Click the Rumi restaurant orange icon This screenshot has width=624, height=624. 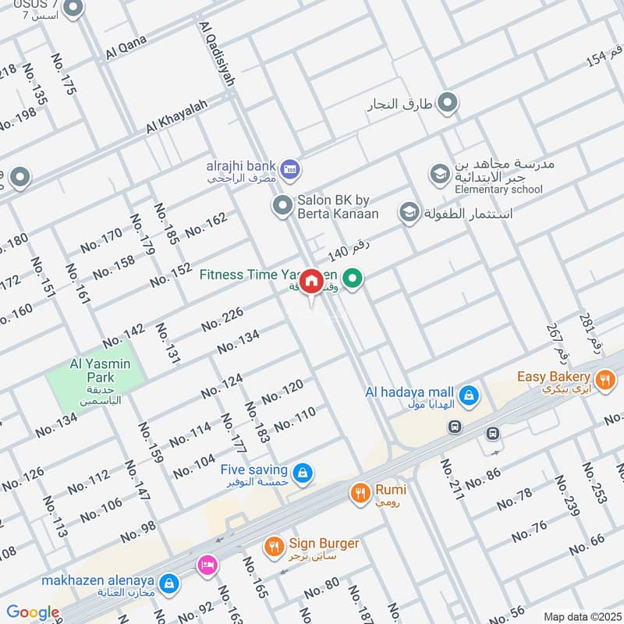pyautogui.click(x=360, y=492)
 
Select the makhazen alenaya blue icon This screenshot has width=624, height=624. pyautogui.click(x=167, y=582)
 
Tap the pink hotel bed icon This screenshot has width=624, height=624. pyautogui.click(x=207, y=564)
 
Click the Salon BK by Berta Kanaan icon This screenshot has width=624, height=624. pyautogui.click(x=282, y=206)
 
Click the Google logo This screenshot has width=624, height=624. pyautogui.click(x=34, y=612)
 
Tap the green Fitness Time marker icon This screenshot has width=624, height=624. pyautogui.click(x=353, y=277)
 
